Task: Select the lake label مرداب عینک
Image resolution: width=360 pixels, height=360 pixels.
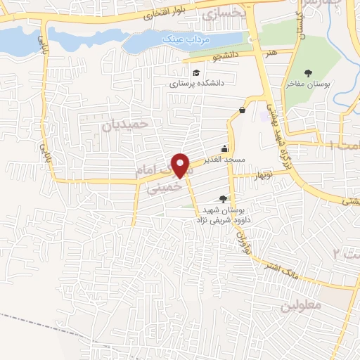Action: pos(180,39)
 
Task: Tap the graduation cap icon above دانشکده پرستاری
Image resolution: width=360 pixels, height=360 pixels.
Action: pos(197,72)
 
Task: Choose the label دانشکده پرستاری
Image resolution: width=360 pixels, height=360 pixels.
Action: pos(195,84)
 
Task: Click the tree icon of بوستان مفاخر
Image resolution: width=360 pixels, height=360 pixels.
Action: pos(307,72)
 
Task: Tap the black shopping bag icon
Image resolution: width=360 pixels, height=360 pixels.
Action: pos(243,110)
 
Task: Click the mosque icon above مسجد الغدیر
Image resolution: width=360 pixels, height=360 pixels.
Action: pos(224,148)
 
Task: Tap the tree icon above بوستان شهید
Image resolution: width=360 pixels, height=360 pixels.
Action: pos(224,199)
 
